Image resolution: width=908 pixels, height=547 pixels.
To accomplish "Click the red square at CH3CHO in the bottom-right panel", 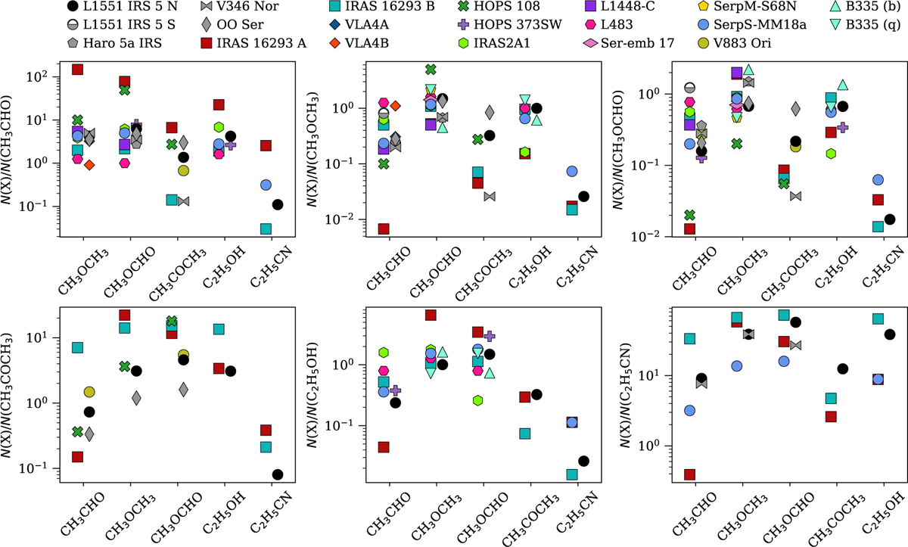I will click(x=689, y=474).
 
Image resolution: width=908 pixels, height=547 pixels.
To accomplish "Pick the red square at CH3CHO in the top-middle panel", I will click(x=384, y=228).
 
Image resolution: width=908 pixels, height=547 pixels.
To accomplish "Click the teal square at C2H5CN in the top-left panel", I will click(x=266, y=228).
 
